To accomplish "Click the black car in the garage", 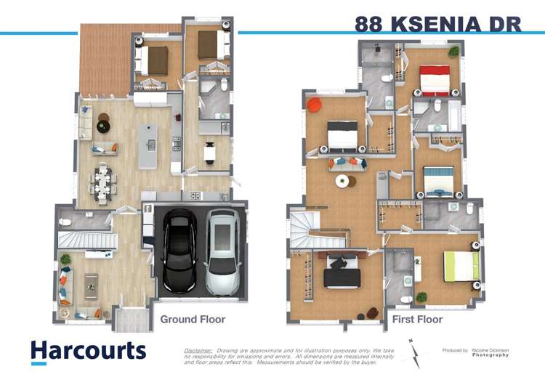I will tap(179, 250).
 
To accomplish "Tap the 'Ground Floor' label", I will tap(193, 319).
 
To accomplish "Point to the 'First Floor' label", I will tap(417, 319).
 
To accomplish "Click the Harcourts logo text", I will tap(88, 350).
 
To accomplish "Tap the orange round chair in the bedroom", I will tap(314, 106).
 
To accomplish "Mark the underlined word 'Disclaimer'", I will tap(198, 350).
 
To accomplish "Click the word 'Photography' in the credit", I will tap(490, 355).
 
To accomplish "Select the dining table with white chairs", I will tap(103, 180).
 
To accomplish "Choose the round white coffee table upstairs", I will tap(341, 181).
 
